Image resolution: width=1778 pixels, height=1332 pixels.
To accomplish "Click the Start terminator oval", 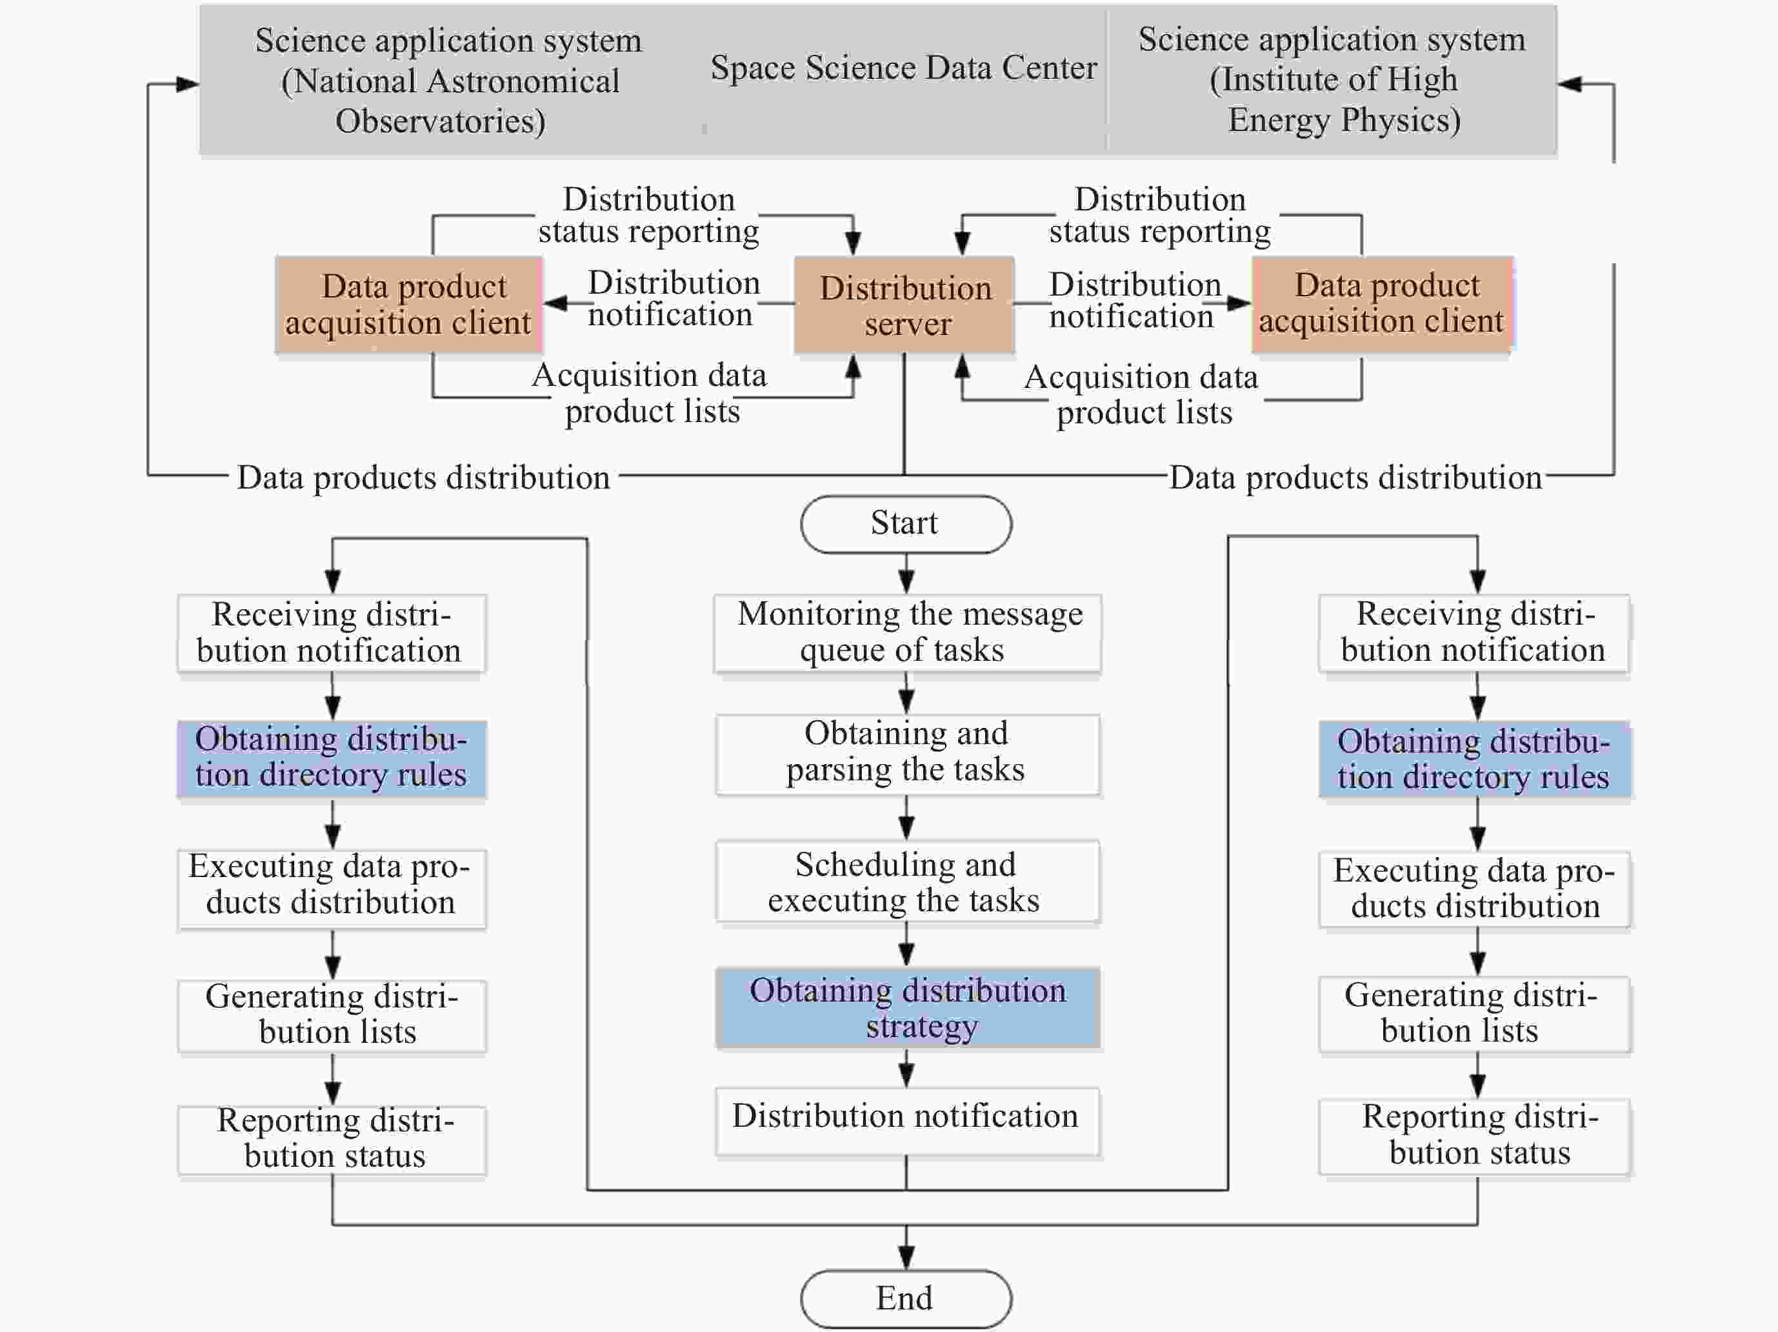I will (x=905, y=524).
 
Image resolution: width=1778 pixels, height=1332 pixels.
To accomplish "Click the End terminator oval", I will (x=905, y=1298).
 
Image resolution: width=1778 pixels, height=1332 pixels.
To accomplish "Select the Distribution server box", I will (x=904, y=305).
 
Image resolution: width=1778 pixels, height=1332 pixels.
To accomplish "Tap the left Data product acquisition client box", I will (x=408, y=305).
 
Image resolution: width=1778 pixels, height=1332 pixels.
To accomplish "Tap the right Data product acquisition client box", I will (x=1382, y=304).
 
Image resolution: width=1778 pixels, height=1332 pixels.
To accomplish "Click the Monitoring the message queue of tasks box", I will (x=906, y=632).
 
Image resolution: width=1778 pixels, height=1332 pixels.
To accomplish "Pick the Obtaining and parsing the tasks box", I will (x=906, y=753).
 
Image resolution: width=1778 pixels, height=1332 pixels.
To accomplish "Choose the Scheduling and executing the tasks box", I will (x=906, y=882).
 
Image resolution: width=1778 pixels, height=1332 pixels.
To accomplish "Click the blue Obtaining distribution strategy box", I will (x=906, y=1008).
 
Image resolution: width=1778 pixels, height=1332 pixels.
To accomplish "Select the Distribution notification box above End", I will (x=906, y=1120).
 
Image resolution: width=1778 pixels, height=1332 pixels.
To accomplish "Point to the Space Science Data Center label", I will (x=903, y=68).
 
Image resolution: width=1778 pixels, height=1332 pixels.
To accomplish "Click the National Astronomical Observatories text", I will (x=450, y=101).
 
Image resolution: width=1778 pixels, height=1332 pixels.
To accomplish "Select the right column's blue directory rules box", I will (x=1474, y=760).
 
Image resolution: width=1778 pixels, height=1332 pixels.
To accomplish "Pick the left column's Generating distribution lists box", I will (x=331, y=1015).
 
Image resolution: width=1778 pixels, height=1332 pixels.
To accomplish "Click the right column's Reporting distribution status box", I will (x=1474, y=1136).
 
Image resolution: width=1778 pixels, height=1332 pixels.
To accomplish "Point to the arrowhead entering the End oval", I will (x=906, y=1258).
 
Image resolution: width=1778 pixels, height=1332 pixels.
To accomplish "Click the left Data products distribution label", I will (x=423, y=478).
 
